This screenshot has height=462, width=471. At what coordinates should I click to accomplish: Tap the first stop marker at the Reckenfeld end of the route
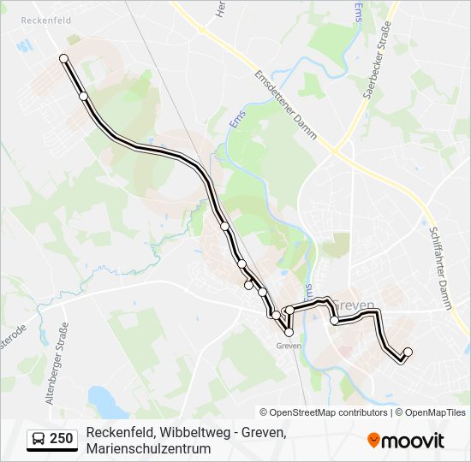63,58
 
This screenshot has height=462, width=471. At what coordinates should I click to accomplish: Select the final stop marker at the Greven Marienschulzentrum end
408,352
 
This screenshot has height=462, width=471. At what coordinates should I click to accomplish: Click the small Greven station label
288,346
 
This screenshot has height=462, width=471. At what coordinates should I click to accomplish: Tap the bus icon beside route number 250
39,439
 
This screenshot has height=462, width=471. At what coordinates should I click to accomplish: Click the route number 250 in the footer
62,439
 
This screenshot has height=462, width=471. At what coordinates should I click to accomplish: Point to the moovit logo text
413,441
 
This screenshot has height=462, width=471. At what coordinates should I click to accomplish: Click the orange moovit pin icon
373,441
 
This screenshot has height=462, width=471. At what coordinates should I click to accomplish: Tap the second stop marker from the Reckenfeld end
84,97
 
